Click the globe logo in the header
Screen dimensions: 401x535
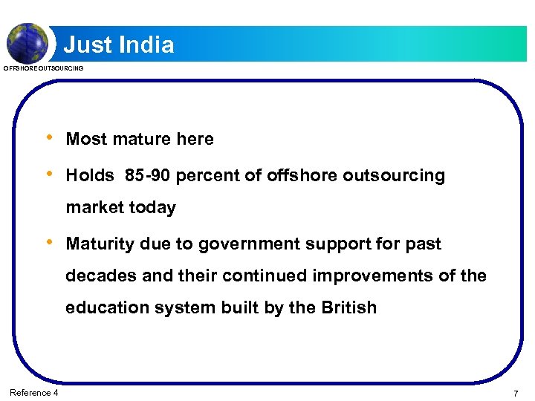(x=27, y=42)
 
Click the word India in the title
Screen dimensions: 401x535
(x=145, y=45)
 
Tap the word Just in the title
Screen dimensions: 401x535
(x=87, y=45)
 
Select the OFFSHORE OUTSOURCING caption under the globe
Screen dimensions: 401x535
(x=44, y=68)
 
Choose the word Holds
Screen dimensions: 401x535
(x=90, y=176)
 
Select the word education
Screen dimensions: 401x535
(x=108, y=308)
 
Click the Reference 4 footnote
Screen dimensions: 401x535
(x=34, y=392)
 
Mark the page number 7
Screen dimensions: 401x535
(x=515, y=392)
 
